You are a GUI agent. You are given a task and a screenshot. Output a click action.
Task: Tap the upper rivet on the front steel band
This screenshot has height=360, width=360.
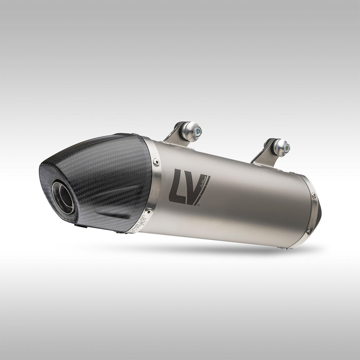pyautogui.click(x=156, y=162)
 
